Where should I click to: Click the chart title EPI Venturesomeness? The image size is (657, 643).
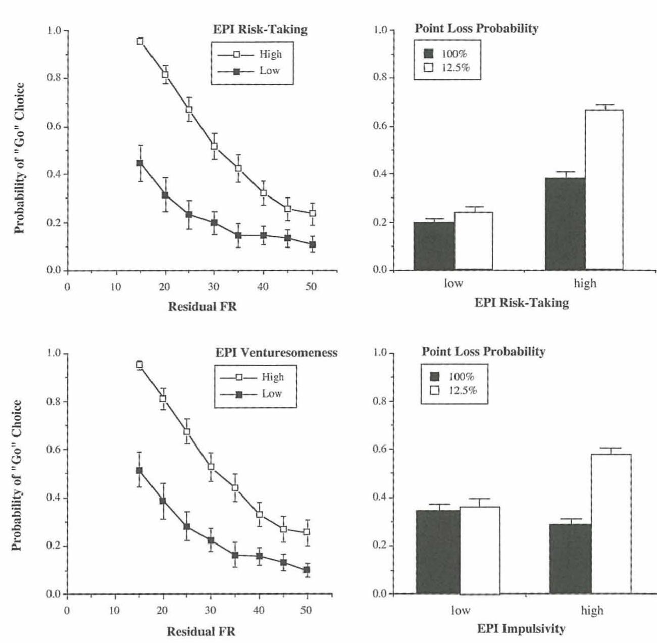(276, 353)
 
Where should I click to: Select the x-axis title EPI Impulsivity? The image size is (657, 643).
(521, 629)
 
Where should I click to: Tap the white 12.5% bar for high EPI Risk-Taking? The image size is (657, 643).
(604, 189)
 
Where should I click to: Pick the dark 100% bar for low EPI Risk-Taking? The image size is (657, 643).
(434, 245)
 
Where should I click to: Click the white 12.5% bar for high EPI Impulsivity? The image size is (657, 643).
(611, 523)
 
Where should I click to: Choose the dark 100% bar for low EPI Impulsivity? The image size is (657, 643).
(438, 552)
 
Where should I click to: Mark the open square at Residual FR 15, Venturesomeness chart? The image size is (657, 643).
(139, 364)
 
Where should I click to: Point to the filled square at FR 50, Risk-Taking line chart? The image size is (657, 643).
(312, 244)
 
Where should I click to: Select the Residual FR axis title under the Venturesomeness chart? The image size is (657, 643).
(201, 631)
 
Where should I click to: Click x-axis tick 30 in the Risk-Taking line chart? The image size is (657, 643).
(213, 287)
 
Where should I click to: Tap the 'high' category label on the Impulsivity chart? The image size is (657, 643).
(592, 611)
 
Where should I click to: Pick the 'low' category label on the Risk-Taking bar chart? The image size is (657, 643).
(453, 283)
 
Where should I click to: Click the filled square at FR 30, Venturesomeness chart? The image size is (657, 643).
(211, 540)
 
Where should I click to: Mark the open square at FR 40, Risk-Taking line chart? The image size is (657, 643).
(263, 193)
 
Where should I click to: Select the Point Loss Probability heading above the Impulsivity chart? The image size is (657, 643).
(483, 351)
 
